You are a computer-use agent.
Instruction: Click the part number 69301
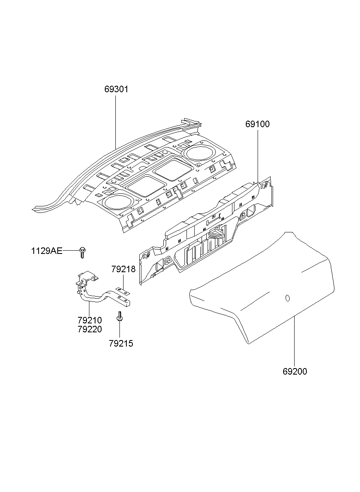[x=116, y=89]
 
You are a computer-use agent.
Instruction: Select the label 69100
[x=257, y=124]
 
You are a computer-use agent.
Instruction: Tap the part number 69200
[x=295, y=371]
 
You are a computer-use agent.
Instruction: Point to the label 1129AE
[x=47, y=251]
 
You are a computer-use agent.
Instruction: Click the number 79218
[x=124, y=269]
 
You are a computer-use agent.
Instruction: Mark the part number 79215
[x=121, y=344]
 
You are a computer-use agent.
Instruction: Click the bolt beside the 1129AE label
[x=82, y=252]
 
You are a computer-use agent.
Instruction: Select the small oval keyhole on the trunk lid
[x=287, y=299]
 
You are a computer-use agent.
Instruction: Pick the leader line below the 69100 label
[x=257, y=154]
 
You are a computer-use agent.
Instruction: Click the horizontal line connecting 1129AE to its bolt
[x=71, y=251]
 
